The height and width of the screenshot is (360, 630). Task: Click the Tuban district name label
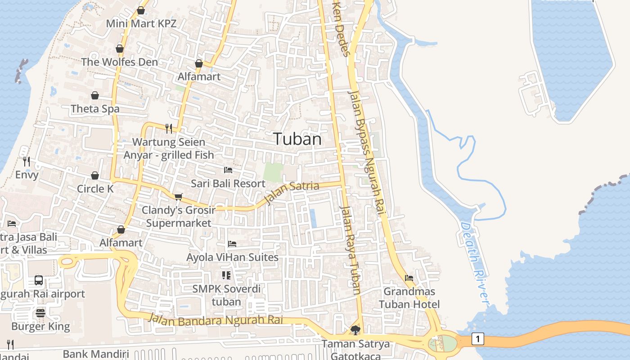(297, 139)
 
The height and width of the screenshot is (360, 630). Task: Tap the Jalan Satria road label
(292, 192)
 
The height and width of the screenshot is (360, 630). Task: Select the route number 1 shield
(477, 339)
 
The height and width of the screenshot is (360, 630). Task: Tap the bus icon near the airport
(39, 280)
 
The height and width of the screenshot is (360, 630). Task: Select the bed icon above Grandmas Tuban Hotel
(409, 278)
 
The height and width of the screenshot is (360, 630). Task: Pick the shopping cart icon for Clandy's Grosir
(179, 197)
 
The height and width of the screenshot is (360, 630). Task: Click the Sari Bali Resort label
(228, 184)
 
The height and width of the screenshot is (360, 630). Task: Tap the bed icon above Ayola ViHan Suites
(232, 244)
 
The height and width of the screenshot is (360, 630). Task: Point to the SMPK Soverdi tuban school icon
(226, 275)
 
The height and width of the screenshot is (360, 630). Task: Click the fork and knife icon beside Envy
(27, 161)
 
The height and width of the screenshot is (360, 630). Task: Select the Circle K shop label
(95, 189)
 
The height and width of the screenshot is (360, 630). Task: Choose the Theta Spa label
(95, 109)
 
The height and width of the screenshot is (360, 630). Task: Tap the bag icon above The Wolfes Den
(120, 49)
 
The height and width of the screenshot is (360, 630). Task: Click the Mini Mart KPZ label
(141, 23)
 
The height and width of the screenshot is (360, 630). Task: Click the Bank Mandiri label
(96, 354)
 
